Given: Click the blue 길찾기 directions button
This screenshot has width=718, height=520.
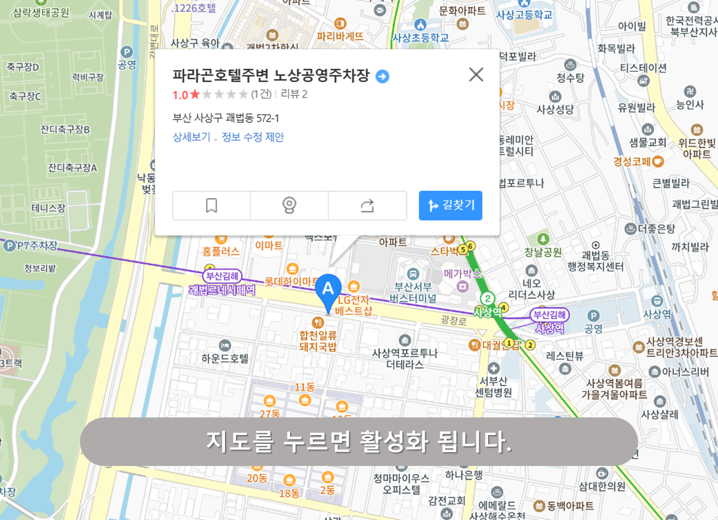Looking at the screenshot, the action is [451, 206].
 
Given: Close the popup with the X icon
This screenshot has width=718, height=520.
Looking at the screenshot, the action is [476, 74].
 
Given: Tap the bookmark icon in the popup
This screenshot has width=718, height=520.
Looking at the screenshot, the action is [211, 206].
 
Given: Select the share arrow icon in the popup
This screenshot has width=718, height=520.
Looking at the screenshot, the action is [367, 206].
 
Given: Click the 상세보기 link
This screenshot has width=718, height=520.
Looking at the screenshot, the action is [191, 137].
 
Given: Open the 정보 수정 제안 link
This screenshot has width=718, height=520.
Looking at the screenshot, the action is [253, 137].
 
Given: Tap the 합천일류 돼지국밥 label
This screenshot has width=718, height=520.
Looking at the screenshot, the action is [318, 341].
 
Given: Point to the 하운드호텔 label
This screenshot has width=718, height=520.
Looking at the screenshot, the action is [225, 358].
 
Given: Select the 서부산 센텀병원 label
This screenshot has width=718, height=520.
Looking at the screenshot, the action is [494, 387].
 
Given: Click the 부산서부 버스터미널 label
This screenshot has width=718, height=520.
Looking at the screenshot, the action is [412, 292].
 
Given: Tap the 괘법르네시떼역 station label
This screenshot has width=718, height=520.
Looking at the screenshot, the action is [222, 290].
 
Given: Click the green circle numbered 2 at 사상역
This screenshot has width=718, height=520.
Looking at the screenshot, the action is [487, 299].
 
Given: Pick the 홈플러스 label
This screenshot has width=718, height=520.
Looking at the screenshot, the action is [221, 251].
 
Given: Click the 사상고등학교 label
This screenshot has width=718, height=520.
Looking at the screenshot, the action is [524, 15].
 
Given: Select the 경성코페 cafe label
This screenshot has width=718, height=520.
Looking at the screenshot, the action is [633, 162].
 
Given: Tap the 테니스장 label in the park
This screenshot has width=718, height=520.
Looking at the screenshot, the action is [49, 208].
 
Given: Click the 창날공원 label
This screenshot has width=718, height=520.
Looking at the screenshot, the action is [543, 252].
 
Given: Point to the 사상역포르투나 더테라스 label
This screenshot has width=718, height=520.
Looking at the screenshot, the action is [405, 358].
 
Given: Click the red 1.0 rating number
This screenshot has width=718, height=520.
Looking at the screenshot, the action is [180, 94].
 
